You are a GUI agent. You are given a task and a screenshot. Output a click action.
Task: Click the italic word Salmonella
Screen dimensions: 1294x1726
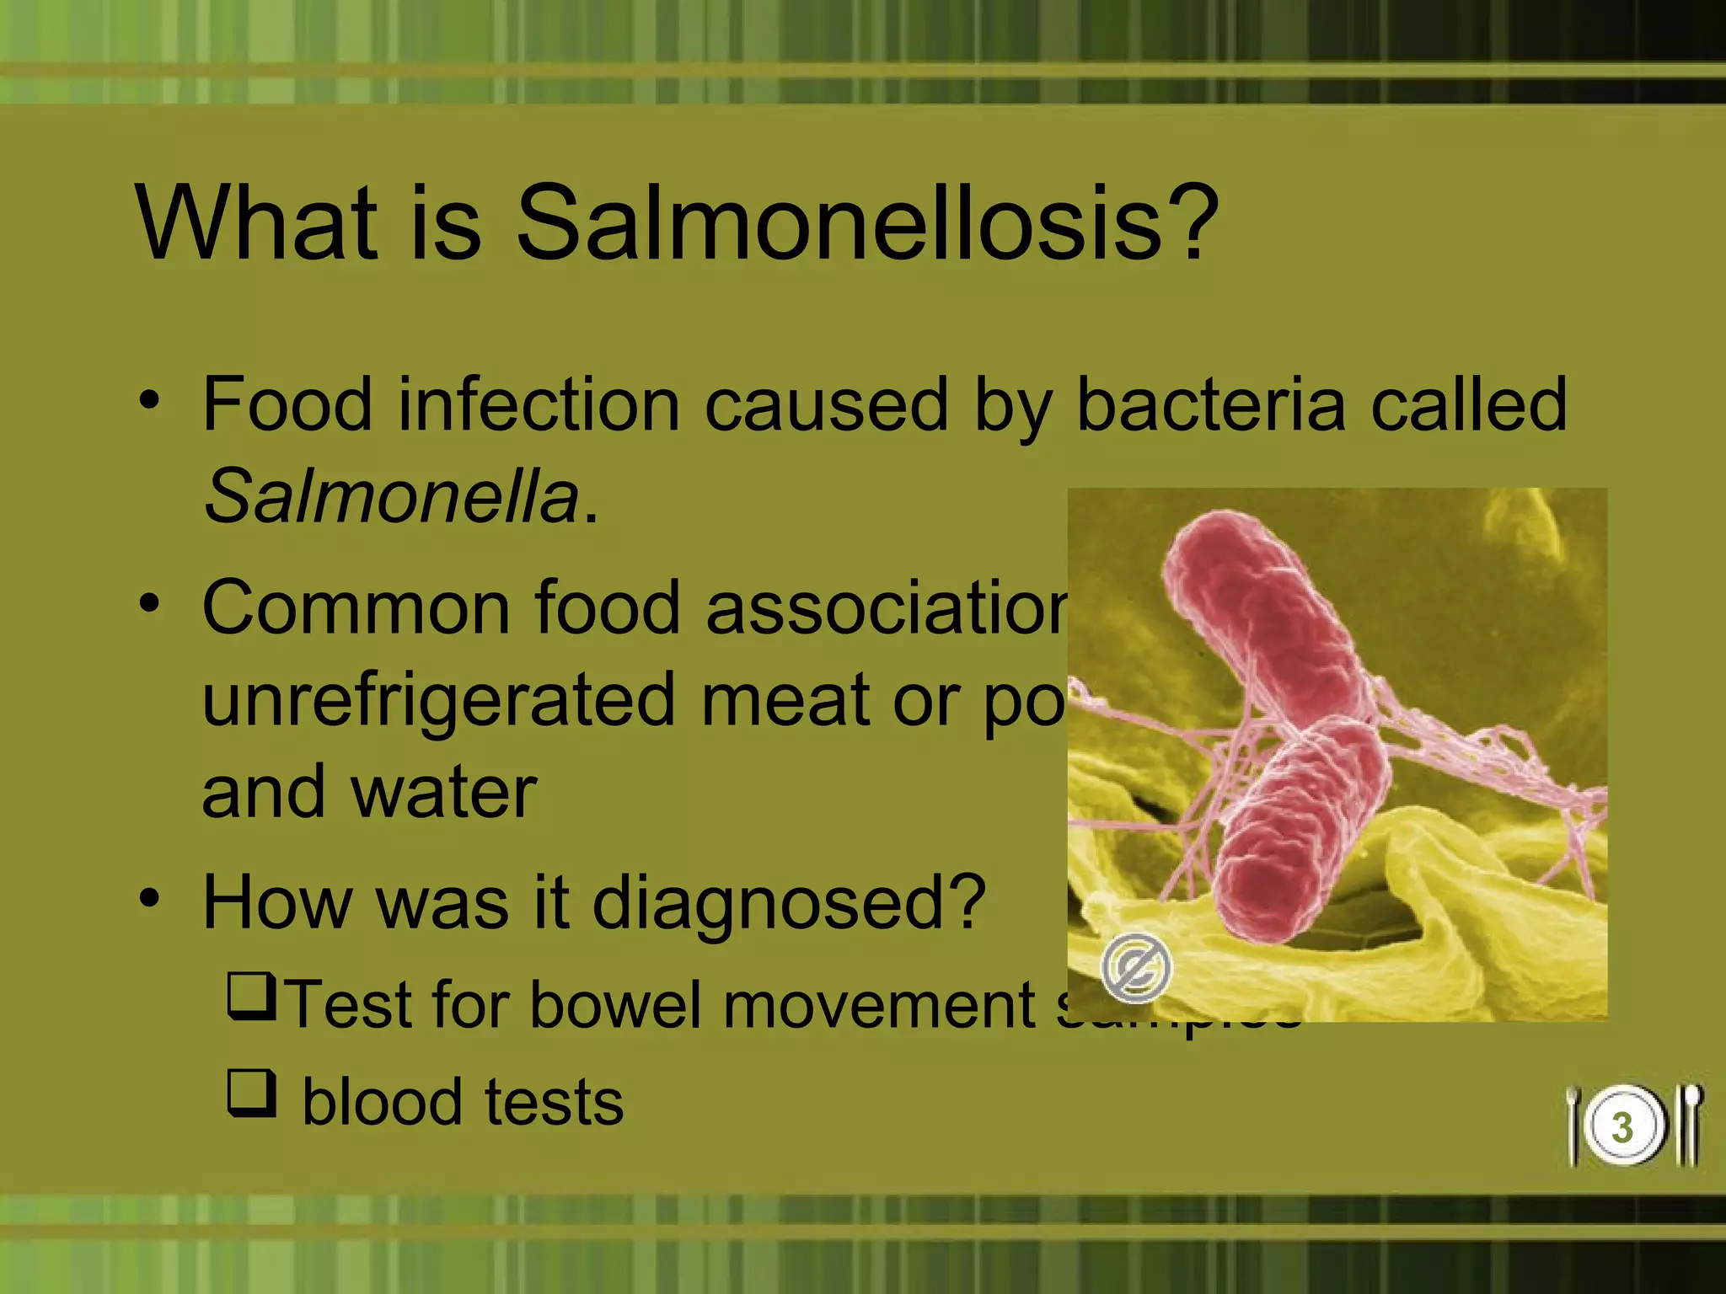[392, 497]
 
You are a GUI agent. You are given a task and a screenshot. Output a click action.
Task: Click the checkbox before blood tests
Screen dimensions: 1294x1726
[251, 1093]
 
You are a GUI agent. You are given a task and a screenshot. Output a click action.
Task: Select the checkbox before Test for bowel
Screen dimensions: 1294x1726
[251, 996]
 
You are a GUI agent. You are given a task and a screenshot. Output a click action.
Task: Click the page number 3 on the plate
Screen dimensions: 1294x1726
[1622, 1128]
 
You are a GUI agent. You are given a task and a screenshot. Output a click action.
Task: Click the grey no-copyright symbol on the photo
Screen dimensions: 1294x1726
[1135, 968]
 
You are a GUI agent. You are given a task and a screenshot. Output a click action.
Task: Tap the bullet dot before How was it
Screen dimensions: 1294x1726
[149, 899]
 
